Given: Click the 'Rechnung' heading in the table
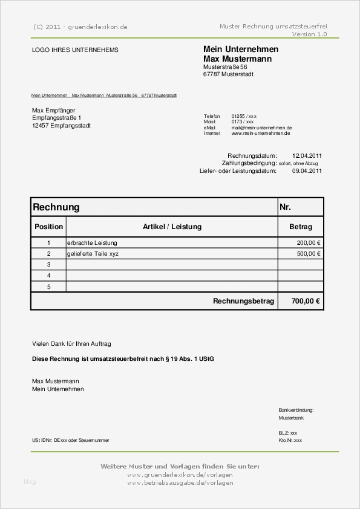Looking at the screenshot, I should point(56,207).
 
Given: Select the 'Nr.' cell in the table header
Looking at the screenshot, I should point(286,207).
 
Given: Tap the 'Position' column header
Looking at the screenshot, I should point(48,227).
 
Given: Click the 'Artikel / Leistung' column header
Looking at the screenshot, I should point(172,227).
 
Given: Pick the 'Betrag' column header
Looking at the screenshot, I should point(301,227).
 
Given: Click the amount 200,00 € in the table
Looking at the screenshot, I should point(309,242).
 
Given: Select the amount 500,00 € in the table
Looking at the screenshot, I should point(309,254).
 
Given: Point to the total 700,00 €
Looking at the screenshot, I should point(306,300).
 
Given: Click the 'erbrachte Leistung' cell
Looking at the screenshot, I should point(93,242).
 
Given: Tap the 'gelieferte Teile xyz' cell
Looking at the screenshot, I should point(93,254).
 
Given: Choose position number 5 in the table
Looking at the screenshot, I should point(48,287).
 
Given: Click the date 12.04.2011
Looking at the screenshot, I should point(307,155).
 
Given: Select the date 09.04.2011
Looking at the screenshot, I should point(307,171).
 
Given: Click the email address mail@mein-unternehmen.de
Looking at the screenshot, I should point(261,128).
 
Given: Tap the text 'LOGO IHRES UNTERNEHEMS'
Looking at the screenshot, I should point(75,50).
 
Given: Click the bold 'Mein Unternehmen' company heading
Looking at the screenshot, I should point(241,49).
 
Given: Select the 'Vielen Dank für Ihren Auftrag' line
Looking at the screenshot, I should point(71,343).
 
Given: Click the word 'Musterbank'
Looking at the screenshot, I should point(291,418).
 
